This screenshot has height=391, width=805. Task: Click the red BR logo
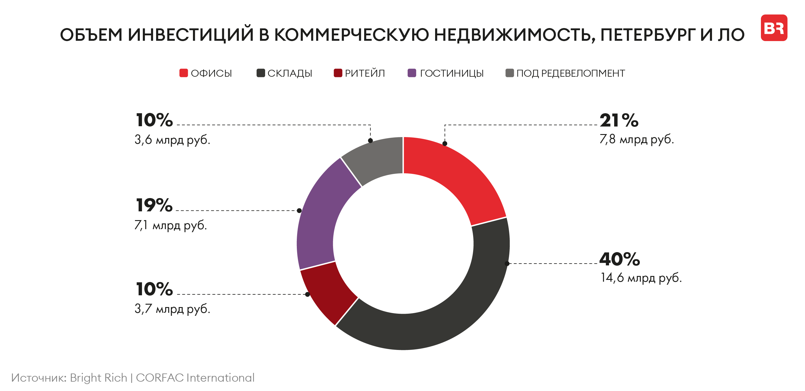click(774, 28)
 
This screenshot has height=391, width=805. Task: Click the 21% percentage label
click(619, 120)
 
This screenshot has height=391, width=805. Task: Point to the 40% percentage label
click(619, 259)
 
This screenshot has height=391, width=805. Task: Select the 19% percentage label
click(154, 205)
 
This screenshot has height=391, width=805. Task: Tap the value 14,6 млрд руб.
click(641, 277)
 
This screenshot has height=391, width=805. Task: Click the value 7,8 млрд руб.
click(637, 139)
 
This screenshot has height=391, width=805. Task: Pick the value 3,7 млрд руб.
click(172, 309)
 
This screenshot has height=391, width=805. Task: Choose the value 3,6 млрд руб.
click(172, 140)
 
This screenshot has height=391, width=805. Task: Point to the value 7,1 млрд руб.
click(171, 225)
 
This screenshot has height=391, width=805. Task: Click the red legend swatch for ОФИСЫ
click(184, 73)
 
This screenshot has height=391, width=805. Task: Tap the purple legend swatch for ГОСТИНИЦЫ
click(412, 73)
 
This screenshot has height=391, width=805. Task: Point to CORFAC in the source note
click(159, 377)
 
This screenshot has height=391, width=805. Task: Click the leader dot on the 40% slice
click(507, 264)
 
